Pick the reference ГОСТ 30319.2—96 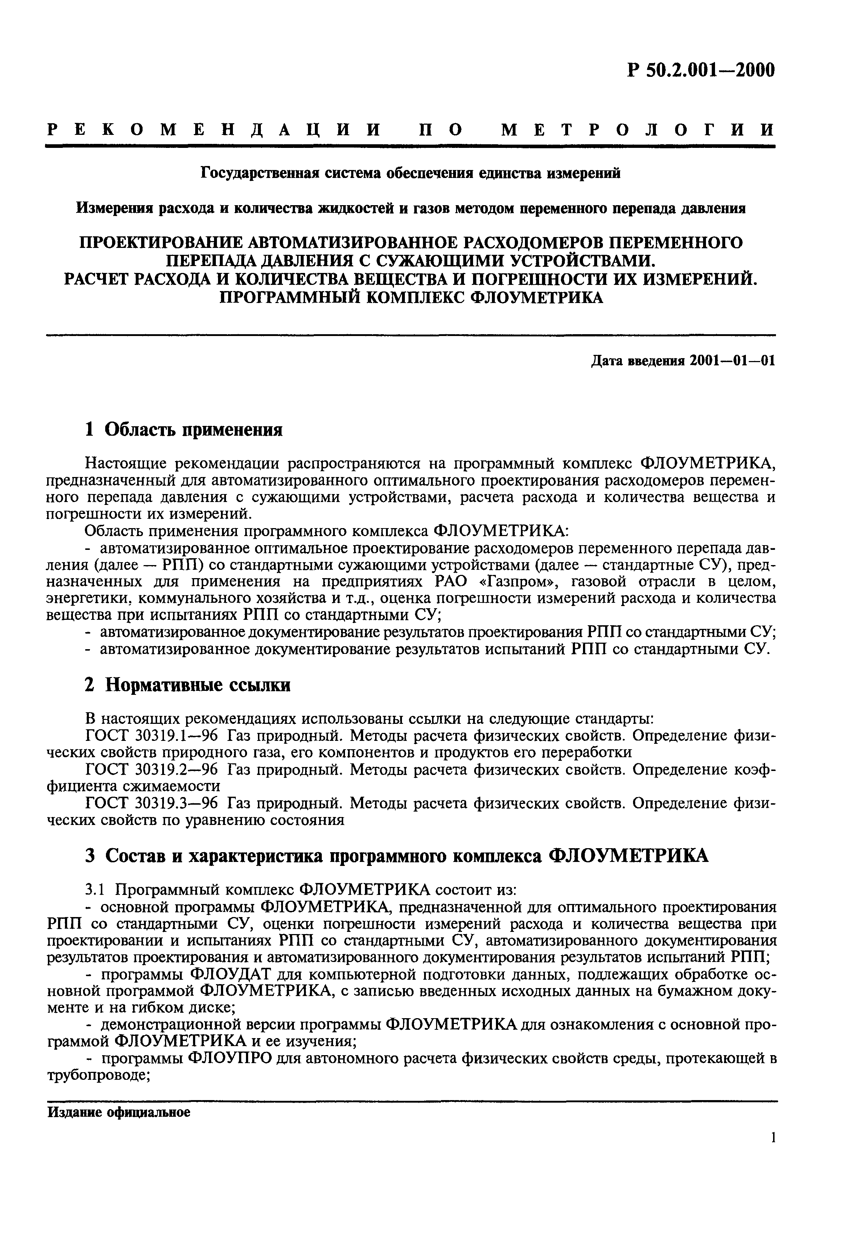pos(152,770)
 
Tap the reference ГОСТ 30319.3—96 pos(152,804)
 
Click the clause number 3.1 pos(97,889)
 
